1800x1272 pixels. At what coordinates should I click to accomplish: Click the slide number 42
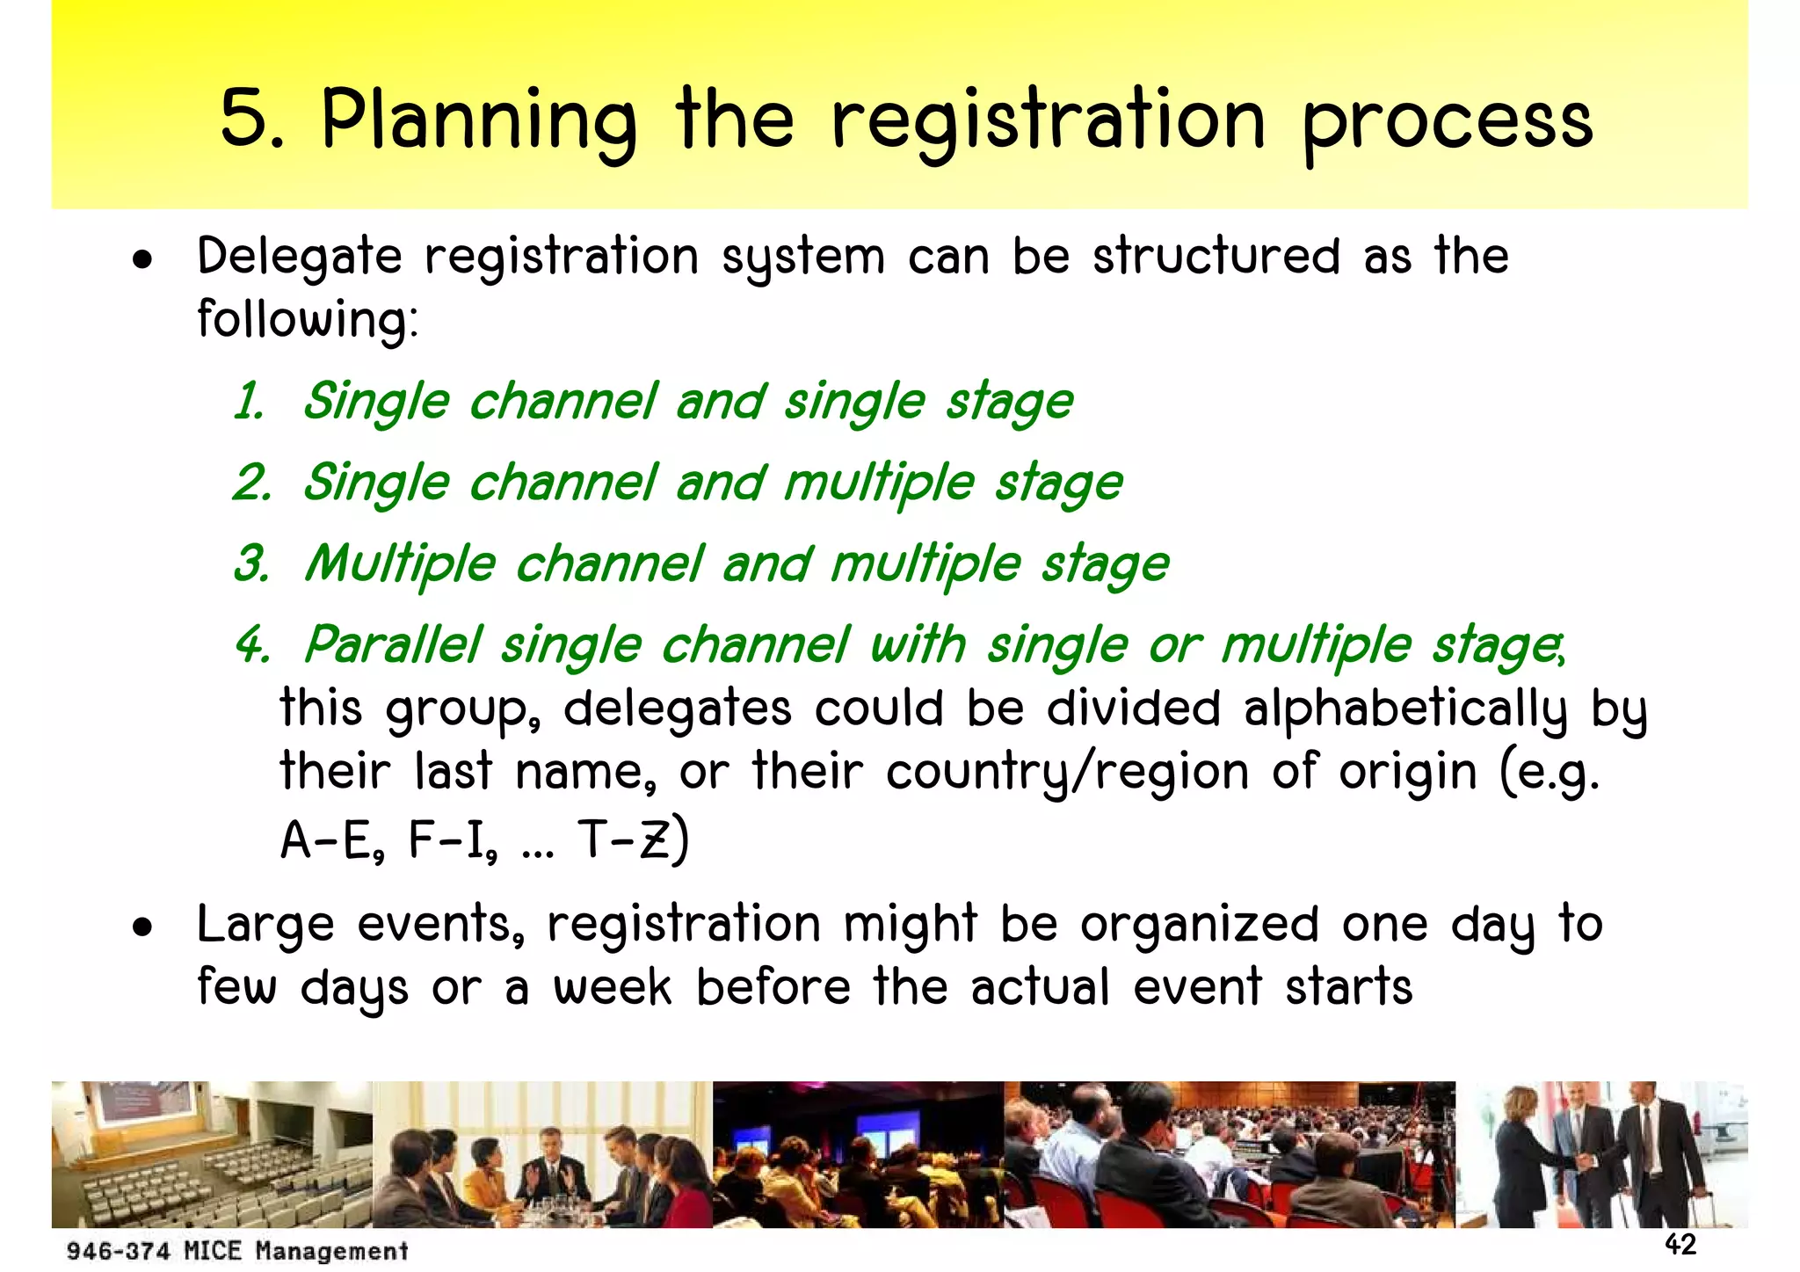click(x=1680, y=1244)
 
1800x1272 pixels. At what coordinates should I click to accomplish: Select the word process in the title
click(x=1448, y=123)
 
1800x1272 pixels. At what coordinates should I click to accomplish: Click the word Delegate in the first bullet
click(x=299, y=258)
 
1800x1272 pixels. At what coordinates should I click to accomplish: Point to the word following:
click(x=308, y=319)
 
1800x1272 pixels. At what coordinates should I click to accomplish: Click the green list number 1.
click(x=249, y=403)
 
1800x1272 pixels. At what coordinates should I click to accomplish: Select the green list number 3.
click(x=250, y=563)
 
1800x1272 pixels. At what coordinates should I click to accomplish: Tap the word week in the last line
click(x=612, y=988)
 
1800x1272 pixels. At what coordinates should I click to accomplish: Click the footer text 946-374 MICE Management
click(x=237, y=1250)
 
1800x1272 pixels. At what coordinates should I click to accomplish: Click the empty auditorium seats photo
click(x=211, y=1154)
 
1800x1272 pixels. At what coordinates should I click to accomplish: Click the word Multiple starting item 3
click(x=400, y=563)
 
